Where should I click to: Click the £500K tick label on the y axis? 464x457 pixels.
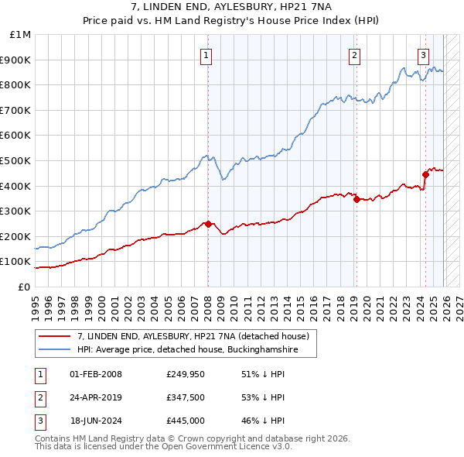tap(17, 160)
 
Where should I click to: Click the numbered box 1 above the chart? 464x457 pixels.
tap(207, 55)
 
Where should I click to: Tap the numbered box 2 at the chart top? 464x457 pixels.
tap(354, 55)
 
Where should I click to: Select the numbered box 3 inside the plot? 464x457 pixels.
tap(424, 55)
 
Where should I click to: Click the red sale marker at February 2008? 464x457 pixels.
tap(208, 224)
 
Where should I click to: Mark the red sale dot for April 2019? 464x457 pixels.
tap(357, 199)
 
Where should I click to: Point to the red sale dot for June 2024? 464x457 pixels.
tap(425, 174)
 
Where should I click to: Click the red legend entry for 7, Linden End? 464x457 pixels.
tap(193, 336)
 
